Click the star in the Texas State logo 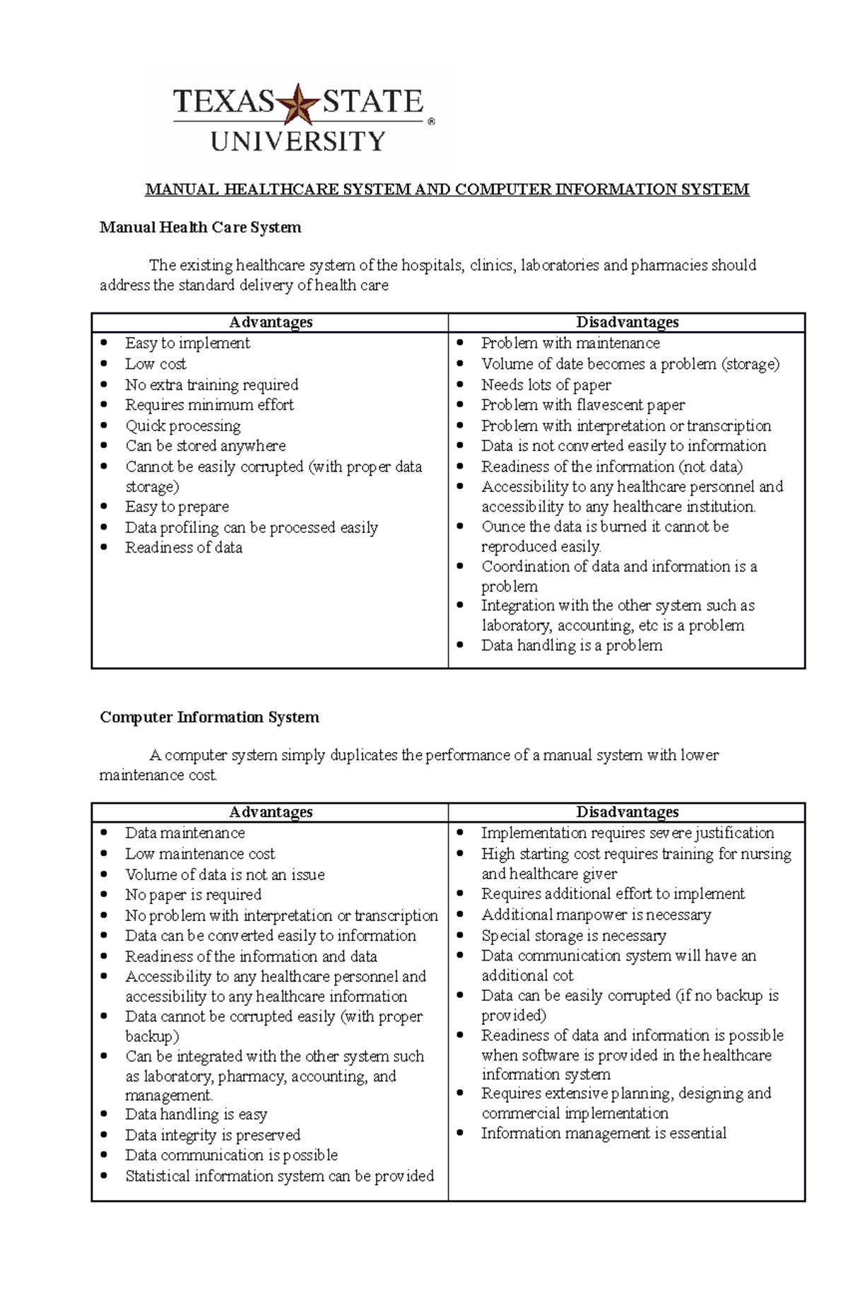[x=298, y=105]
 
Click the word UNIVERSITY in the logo [x=298, y=141]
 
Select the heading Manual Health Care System [x=200, y=228]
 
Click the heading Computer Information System [x=209, y=717]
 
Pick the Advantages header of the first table [x=271, y=322]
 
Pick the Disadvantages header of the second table [x=627, y=812]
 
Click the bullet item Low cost [x=155, y=364]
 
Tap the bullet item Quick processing [x=183, y=426]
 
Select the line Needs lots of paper [x=546, y=385]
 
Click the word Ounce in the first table [x=503, y=527]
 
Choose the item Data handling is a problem [x=572, y=645]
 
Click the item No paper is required [x=193, y=895]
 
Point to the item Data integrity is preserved [x=212, y=1135]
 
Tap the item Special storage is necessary [x=573, y=936]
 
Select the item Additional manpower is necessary [x=596, y=915]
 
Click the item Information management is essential [x=603, y=1133]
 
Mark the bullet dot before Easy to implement [x=105, y=343]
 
